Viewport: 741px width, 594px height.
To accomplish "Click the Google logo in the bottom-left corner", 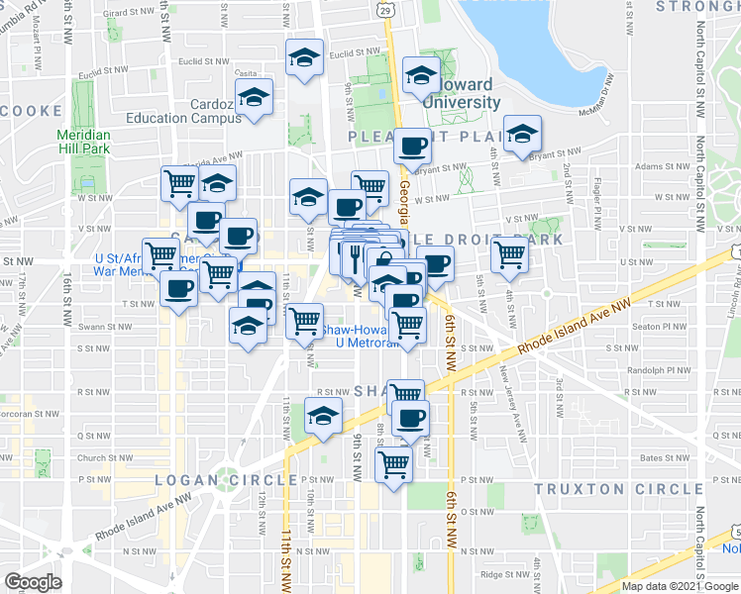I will (33, 582).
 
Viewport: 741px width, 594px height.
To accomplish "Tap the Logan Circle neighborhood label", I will (226, 480).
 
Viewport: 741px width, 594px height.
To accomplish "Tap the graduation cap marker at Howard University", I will (421, 75).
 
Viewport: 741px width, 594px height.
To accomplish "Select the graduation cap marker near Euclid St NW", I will (304, 56).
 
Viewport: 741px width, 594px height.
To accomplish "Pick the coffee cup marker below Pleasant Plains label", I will (413, 147).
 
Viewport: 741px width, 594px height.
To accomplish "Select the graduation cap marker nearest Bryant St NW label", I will (520, 135).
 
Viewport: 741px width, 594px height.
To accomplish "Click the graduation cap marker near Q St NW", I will (323, 416).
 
